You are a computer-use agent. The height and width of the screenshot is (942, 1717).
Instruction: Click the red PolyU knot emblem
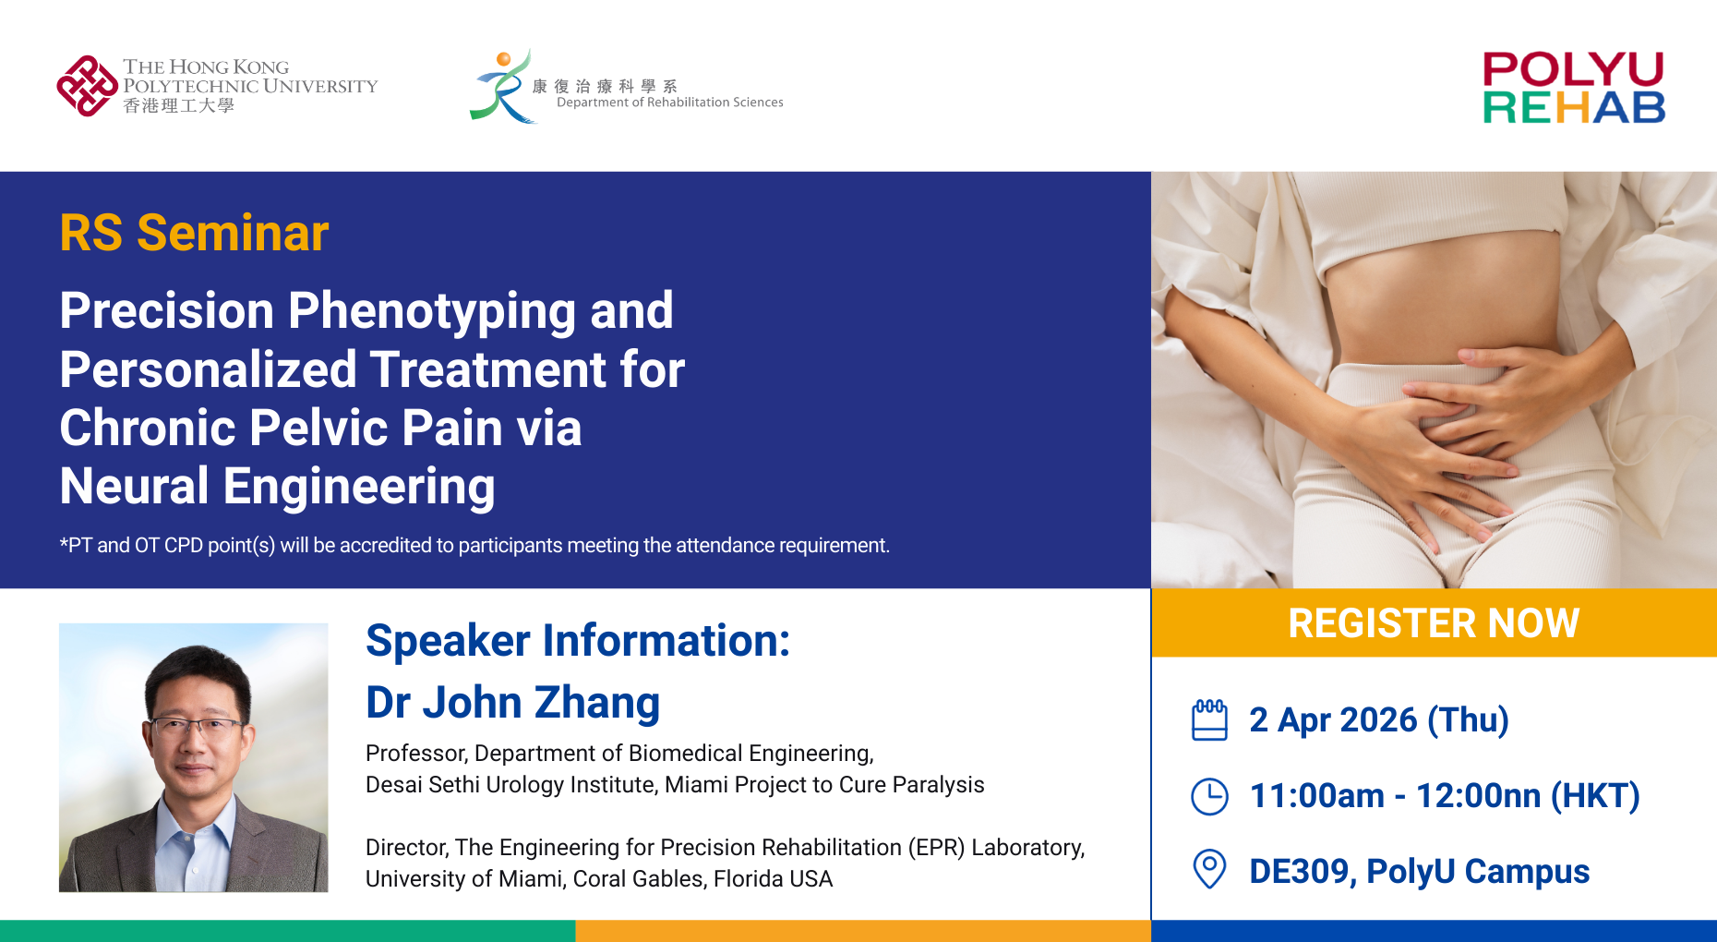click(x=87, y=86)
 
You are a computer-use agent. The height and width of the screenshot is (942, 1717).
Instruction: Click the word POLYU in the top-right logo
click(x=1573, y=69)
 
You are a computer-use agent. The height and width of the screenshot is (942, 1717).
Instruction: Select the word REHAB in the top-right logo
click(x=1574, y=108)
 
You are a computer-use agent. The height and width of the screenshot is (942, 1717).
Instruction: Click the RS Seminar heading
click(x=194, y=233)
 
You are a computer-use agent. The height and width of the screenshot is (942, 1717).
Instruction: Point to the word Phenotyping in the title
click(x=432, y=312)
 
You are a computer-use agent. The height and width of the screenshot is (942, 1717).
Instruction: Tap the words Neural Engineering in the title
click(x=277, y=488)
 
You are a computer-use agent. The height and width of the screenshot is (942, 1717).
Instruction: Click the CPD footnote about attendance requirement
click(x=474, y=546)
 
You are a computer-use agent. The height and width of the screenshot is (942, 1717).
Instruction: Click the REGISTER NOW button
click(x=1434, y=622)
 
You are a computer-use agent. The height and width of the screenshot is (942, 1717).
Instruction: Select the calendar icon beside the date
click(x=1209, y=720)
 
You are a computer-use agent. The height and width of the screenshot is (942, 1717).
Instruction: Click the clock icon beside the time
click(x=1209, y=796)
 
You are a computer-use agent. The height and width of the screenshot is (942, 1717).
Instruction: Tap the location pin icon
click(x=1209, y=869)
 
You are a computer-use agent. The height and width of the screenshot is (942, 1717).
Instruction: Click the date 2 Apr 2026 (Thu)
click(x=1378, y=720)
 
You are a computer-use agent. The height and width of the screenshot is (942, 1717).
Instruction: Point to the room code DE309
click(x=1302, y=872)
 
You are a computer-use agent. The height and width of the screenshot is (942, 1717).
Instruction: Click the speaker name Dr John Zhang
click(x=512, y=703)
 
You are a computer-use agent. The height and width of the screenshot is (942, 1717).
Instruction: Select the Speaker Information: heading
click(x=578, y=641)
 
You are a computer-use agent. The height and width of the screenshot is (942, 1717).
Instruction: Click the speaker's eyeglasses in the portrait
click(x=196, y=728)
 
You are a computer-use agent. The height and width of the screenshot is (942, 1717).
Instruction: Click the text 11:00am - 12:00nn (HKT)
click(x=1444, y=796)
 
